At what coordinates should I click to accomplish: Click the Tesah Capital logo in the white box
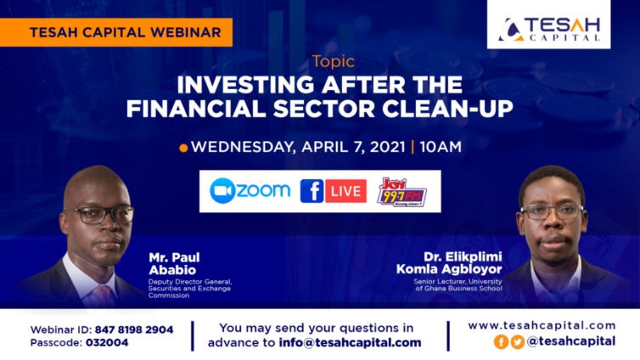click(x=549, y=30)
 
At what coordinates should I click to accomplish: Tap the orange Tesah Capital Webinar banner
click(x=116, y=32)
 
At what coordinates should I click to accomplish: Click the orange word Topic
click(x=334, y=62)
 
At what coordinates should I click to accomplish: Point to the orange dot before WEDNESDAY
click(x=183, y=148)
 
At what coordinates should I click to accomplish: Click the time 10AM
click(x=441, y=147)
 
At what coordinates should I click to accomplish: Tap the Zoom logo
click(x=250, y=190)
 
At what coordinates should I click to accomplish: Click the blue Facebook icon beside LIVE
click(x=312, y=191)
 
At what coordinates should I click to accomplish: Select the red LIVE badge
click(x=345, y=191)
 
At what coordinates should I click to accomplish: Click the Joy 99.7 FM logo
click(x=401, y=192)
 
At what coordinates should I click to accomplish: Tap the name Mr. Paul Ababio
click(x=174, y=264)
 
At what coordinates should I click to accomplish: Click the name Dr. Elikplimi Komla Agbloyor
click(x=449, y=263)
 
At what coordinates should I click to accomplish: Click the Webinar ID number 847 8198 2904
click(x=134, y=329)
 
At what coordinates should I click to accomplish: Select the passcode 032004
click(x=107, y=343)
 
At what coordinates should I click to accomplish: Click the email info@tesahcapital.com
click(x=350, y=342)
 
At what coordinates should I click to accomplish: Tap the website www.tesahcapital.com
click(x=542, y=326)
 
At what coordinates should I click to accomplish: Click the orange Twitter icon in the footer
click(x=518, y=341)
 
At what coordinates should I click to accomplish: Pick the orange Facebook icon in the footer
click(x=502, y=341)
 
